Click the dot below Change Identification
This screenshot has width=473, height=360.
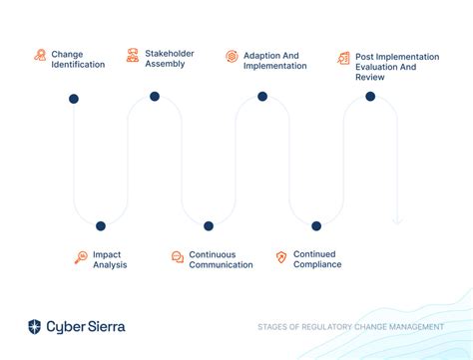pyautogui.click(x=74, y=99)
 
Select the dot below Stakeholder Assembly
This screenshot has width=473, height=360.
pyautogui.click(x=155, y=97)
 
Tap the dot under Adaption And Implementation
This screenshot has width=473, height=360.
pyautogui.click(x=262, y=97)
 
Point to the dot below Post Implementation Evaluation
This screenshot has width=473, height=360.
pyautogui.click(x=370, y=97)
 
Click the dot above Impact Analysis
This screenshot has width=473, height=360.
pyautogui.click(x=101, y=226)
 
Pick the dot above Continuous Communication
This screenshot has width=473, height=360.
pyautogui.click(x=209, y=226)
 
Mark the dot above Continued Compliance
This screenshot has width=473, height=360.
pyautogui.click(x=316, y=226)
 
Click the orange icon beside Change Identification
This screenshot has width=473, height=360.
pyautogui.click(x=40, y=55)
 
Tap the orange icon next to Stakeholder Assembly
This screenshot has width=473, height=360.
pyautogui.click(x=133, y=55)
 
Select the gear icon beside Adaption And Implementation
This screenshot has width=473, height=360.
pyautogui.click(x=232, y=56)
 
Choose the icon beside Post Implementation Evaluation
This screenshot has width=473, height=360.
pyautogui.click(x=343, y=58)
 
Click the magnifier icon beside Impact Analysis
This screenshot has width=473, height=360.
pyautogui.click(x=81, y=257)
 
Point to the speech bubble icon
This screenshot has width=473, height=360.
pyautogui.click(x=178, y=257)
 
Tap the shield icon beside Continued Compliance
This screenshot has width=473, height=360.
pyautogui.click(x=281, y=257)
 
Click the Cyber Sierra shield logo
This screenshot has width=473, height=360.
pyautogui.click(x=34, y=327)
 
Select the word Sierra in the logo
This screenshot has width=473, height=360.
pyautogui.click(x=107, y=327)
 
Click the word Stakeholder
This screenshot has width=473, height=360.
pyautogui.click(x=170, y=53)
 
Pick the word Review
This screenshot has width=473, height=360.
pyautogui.click(x=370, y=77)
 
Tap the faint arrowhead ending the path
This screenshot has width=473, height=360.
pyautogui.click(x=397, y=221)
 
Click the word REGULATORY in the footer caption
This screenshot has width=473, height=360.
pyautogui.click(x=325, y=327)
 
